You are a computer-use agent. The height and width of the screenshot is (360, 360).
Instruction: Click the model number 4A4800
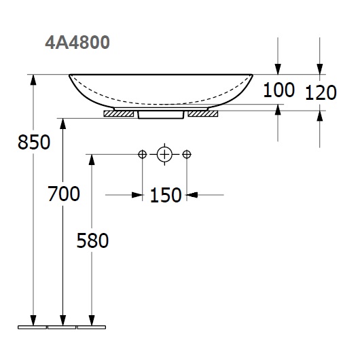(x=77, y=43)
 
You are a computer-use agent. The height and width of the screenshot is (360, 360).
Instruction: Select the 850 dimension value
(x=34, y=142)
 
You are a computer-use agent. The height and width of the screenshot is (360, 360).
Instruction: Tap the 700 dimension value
(x=64, y=194)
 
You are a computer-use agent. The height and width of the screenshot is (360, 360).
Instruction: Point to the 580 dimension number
(x=92, y=240)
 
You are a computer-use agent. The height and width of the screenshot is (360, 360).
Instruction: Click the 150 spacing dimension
(x=166, y=195)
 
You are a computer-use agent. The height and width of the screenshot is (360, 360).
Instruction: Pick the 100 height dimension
(x=278, y=90)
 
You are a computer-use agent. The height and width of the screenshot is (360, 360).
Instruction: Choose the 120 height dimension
(x=321, y=92)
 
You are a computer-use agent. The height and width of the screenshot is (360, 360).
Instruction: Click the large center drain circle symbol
(x=164, y=154)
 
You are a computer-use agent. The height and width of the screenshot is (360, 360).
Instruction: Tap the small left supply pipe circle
(x=143, y=154)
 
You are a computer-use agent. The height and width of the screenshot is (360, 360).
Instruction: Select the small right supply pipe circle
(x=187, y=154)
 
